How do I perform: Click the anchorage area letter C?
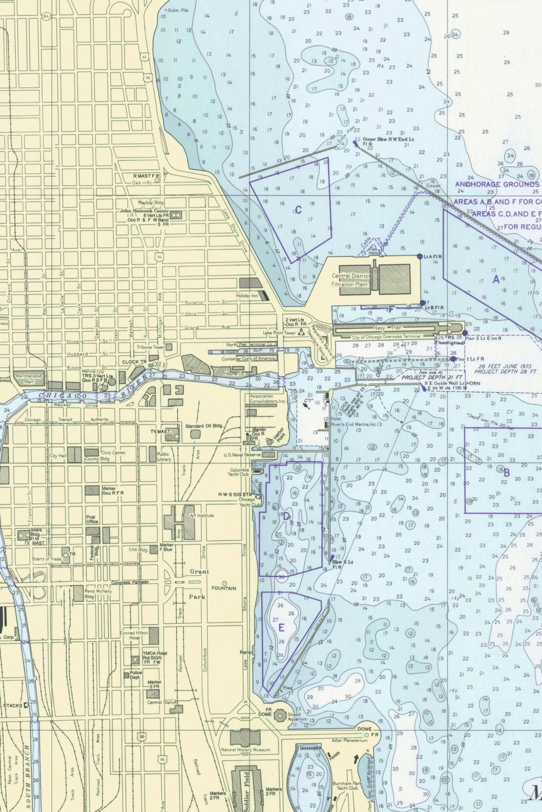click(x=298, y=210)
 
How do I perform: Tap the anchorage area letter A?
click(x=495, y=279)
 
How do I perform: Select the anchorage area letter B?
click(x=506, y=473)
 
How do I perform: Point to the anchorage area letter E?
click(x=281, y=627)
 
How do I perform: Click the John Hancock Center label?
click(x=144, y=211)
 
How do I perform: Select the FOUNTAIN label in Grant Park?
click(x=223, y=588)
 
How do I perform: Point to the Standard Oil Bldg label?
click(x=201, y=427)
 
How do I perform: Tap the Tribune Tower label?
click(x=151, y=347)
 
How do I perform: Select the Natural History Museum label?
click(x=245, y=750)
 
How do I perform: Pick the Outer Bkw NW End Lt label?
click(x=388, y=140)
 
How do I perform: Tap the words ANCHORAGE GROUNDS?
click(x=497, y=184)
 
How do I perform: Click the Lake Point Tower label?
click(x=280, y=333)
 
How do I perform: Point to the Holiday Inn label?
click(x=246, y=296)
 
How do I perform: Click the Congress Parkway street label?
click(x=130, y=582)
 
